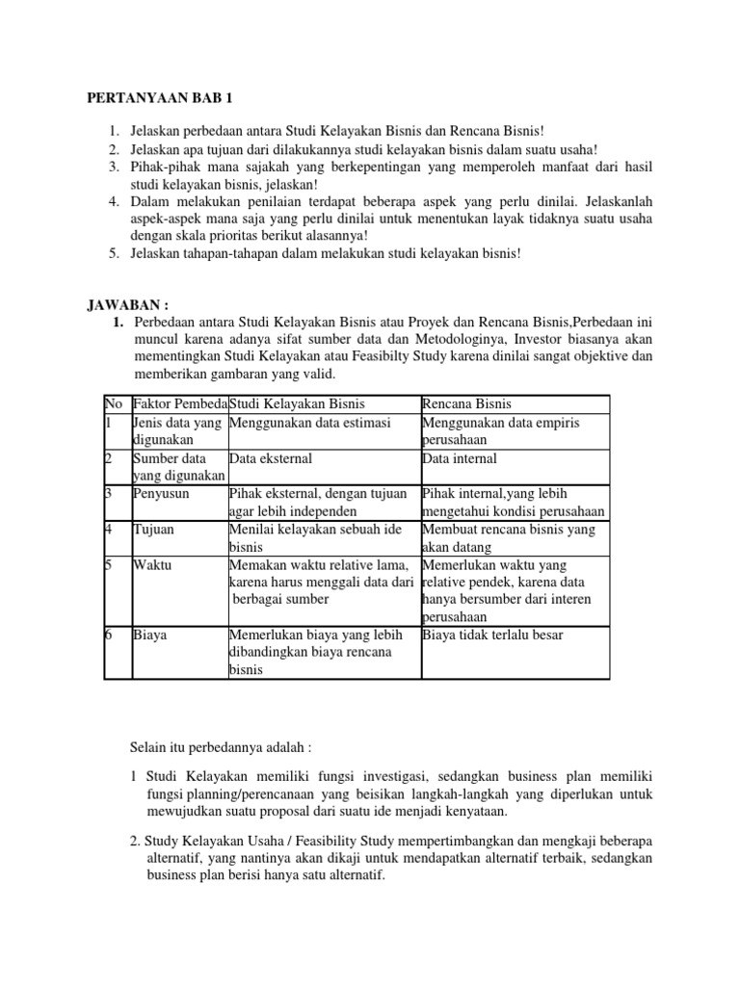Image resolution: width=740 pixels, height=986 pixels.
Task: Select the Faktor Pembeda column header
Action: (x=179, y=403)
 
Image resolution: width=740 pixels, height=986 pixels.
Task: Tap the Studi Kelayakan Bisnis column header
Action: (x=298, y=403)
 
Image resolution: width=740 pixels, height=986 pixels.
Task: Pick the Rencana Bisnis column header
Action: (x=467, y=403)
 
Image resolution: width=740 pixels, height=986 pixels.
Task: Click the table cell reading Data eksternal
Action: (x=271, y=459)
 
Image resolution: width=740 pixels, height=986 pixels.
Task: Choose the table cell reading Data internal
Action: (x=460, y=459)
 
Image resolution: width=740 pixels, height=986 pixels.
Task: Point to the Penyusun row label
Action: (x=161, y=493)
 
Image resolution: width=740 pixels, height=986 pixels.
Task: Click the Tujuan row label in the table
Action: (x=154, y=530)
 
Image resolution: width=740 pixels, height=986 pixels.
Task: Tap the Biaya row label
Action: (x=150, y=636)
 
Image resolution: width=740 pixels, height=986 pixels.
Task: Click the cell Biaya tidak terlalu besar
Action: (x=492, y=636)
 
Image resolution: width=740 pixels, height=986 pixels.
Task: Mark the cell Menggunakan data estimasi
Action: (x=309, y=423)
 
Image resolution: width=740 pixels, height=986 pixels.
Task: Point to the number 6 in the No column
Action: (x=109, y=636)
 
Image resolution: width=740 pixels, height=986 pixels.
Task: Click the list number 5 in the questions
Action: (x=113, y=254)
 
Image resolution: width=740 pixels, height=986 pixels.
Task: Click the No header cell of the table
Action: (x=115, y=403)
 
